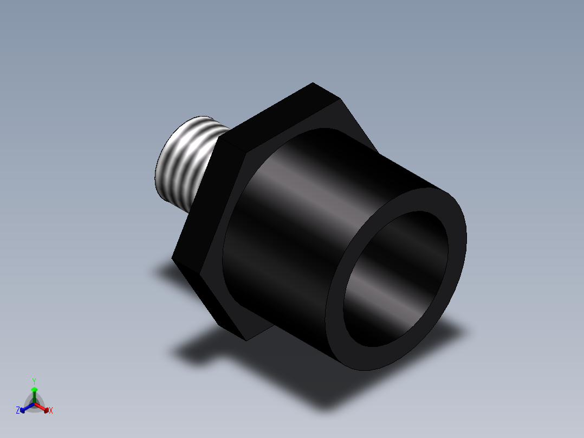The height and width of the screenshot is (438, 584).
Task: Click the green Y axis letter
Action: (34, 381)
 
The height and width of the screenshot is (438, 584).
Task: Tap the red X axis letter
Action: (51, 411)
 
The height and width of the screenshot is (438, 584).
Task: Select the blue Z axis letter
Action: (18, 411)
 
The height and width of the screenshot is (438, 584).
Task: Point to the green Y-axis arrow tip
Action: (34, 390)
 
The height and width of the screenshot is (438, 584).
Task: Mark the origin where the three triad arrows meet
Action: (34, 403)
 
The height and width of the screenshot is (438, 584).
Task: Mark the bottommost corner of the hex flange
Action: (246, 340)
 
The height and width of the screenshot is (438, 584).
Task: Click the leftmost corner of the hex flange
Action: (172, 258)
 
